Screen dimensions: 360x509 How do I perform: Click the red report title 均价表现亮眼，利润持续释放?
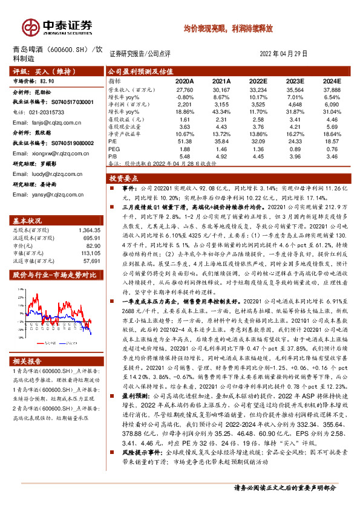tap(228, 28)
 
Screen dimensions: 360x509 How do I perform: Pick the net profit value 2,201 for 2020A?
tap(185, 104)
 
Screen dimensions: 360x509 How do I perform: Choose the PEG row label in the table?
tap(113, 148)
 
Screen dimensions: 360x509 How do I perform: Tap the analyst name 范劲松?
tap(44, 94)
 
